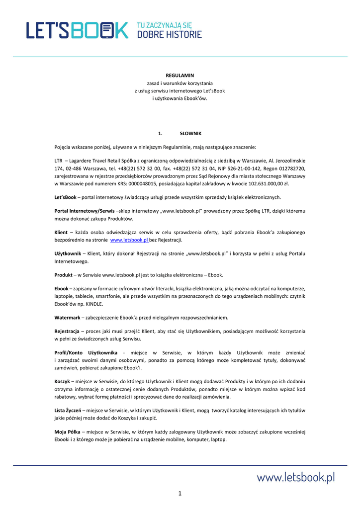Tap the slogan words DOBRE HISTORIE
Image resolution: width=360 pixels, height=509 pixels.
point(170,35)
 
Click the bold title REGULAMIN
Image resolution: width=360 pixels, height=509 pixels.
point(180,76)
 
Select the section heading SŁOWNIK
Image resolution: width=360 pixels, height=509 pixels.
point(190,134)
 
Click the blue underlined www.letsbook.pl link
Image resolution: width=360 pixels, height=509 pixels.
point(129,240)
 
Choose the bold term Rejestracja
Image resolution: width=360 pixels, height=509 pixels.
point(67,331)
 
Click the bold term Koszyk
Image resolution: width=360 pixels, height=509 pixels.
point(62,382)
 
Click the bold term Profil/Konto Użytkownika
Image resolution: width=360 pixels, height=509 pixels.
point(86,352)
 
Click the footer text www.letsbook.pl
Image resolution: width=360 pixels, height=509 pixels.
point(295,478)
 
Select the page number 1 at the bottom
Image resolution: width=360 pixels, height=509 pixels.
point(180,493)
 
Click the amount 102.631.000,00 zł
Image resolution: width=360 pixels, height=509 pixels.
point(268,183)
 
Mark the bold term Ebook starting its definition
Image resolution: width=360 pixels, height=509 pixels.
point(62,289)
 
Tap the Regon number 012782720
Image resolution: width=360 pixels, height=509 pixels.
point(287,169)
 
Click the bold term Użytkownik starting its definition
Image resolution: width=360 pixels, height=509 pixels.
point(68,254)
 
